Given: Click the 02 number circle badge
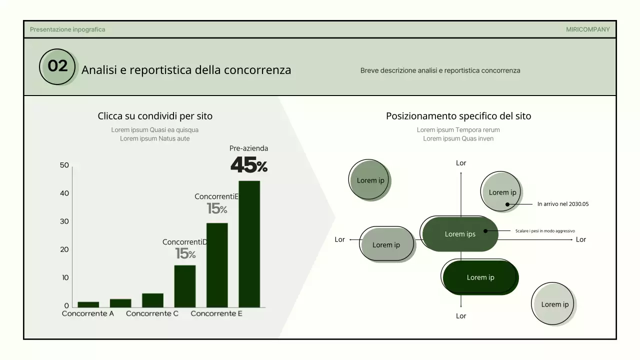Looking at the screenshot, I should [x=57, y=66].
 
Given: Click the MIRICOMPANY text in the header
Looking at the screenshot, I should [x=587, y=29].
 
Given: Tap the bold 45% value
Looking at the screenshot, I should [x=248, y=165].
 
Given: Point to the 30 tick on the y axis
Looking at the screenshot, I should [x=64, y=221].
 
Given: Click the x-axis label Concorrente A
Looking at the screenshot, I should [x=88, y=313].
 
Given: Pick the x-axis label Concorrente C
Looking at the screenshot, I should [x=152, y=313].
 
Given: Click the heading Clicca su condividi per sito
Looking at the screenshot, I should [x=155, y=116].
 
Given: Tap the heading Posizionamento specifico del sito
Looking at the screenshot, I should [x=458, y=116].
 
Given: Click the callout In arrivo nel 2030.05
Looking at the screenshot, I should [x=563, y=204].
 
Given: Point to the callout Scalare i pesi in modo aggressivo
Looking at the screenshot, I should [x=545, y=231].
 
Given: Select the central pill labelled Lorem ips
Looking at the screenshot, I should [x=460, y=234].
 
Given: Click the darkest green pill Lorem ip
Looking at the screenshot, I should [x=480, y=277].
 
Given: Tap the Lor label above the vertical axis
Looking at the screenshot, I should [x=461, y=163].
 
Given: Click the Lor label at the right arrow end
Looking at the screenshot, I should [x=580, y=239].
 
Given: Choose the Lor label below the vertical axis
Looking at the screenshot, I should [x=461, y=316].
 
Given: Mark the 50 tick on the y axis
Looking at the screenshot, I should [x=64, y=165].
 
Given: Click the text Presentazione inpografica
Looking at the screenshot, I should [x=67, y=29].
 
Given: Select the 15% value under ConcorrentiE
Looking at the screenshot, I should [x=217, y=208].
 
